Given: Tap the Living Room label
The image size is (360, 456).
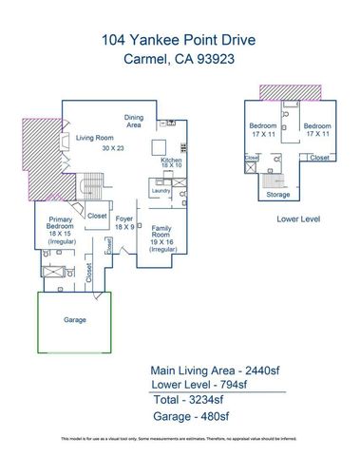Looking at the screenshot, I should point(94,138).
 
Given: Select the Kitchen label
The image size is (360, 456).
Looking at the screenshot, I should point(170,161).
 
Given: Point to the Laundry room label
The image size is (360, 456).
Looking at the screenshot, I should point(161,190).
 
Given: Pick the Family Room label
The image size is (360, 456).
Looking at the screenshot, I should point(161,229).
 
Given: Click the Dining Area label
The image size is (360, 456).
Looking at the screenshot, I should point(134,121).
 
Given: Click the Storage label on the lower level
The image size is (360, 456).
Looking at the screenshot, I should point(277,194).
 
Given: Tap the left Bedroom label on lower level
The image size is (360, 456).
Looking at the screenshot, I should point(263,126).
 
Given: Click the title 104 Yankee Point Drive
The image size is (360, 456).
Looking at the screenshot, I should point(180,40).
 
